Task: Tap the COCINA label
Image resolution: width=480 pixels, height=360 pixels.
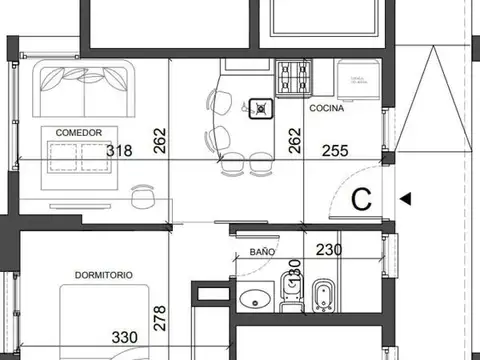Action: (x=327, y=107)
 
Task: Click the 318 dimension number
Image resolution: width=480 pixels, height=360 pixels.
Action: (x=119, y=151)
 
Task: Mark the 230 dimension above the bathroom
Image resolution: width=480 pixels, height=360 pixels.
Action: (x=331, y=251)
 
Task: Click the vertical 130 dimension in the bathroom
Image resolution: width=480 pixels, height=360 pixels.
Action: (x=295, y=272)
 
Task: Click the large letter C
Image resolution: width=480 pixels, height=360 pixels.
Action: (x=362, y=198)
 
